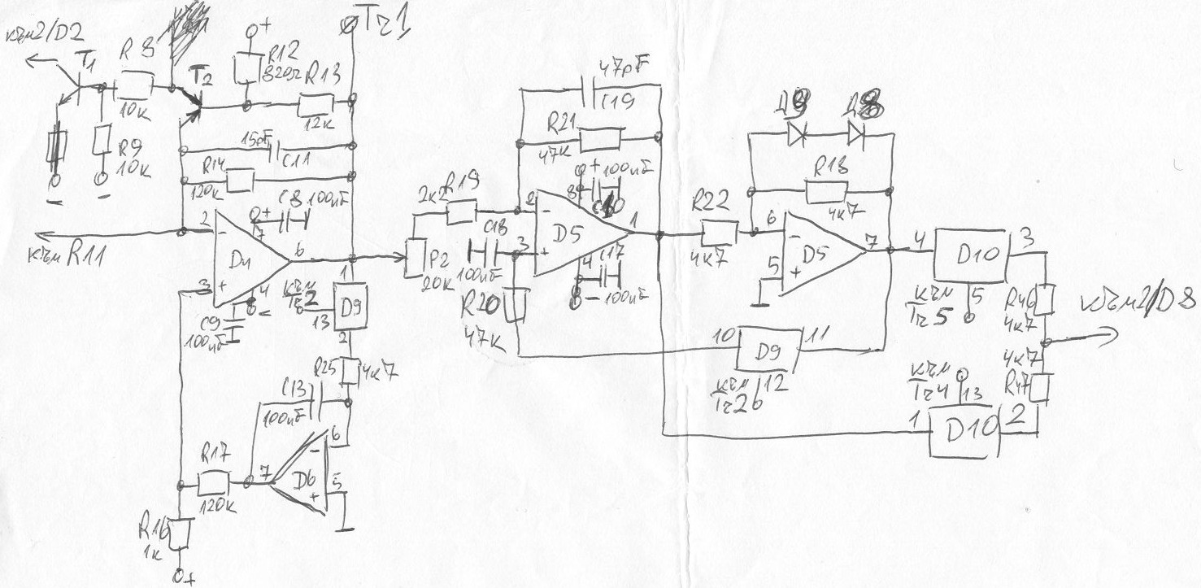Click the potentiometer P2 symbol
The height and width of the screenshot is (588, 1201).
(x=416, y=259)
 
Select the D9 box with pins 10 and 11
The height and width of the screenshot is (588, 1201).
(x=769, y=350)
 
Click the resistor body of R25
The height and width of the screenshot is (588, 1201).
(x=350, y=372)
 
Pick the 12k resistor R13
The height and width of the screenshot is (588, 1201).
(x=315, y=103)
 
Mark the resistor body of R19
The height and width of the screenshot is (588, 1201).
(x=462, y=211)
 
